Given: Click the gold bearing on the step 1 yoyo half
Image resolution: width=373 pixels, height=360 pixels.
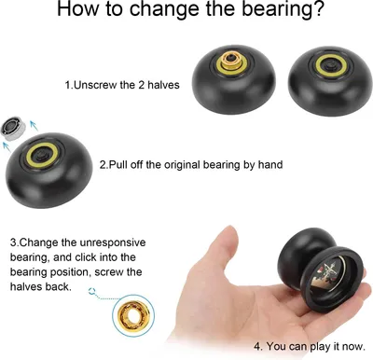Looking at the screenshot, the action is (231, 60).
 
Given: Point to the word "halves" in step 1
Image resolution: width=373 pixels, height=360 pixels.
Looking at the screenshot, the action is (163, 85).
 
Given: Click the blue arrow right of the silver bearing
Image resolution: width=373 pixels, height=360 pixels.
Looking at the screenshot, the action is (34, 125).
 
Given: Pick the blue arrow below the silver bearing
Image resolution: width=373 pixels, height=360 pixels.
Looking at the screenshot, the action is (7, 146).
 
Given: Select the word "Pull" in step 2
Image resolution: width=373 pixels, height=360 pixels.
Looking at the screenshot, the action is (118, 164).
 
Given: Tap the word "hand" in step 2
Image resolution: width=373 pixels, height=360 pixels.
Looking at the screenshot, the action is (270, 164).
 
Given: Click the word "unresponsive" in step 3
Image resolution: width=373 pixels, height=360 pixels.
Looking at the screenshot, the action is (113, 242).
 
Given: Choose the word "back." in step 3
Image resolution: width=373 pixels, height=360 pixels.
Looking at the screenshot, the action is (59, 286).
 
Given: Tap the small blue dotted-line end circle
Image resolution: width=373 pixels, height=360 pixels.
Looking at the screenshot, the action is (91, 291).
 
